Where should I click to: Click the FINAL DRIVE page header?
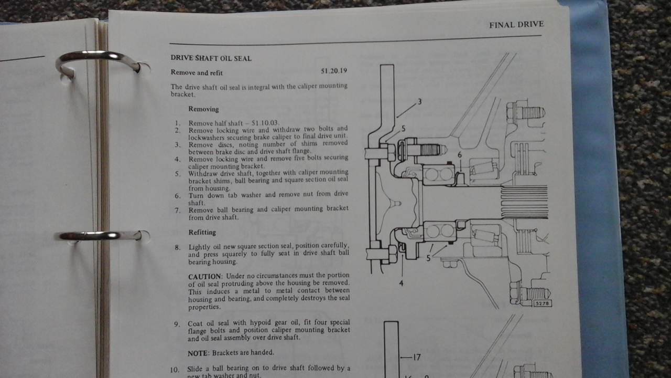pyautogui.click(x=516, y=25)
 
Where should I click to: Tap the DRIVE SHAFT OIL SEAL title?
pyautogui.click(x=211, y=58)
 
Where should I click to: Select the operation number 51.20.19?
pyautogui.click(x=334, y=71)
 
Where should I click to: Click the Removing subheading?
pyautogui.click(x=203, y=109)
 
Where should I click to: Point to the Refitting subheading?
pyautogui.click(x=202, y=232)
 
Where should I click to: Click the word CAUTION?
pyautogui.click(x=205, y=276)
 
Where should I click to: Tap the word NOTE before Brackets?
pyautogui.click(x=198, y=353)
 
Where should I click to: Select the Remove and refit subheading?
pyautogui.click(x=197, y=72)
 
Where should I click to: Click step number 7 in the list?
pyautogui.click(x=178, y=211)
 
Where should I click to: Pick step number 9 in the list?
pyautogui.click(x=177, y=324)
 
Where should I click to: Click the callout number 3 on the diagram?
pyautogui.click(x=419, y=102)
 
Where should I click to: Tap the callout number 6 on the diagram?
pyautogui.click(x=460, y=155)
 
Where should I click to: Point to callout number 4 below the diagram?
pyautogui.click(x=401, y=283)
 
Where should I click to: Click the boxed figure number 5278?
pyautogui.click(x=542, y=303)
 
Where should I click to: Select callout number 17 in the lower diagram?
pyautogui.click(x=417, y=358)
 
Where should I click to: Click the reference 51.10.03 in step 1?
pyautogui.click(x=265, y=123)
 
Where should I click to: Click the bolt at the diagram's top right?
pyautogui.click(x=526, y=113)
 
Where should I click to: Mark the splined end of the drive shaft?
pyautogui.click(x=524, y=202)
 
